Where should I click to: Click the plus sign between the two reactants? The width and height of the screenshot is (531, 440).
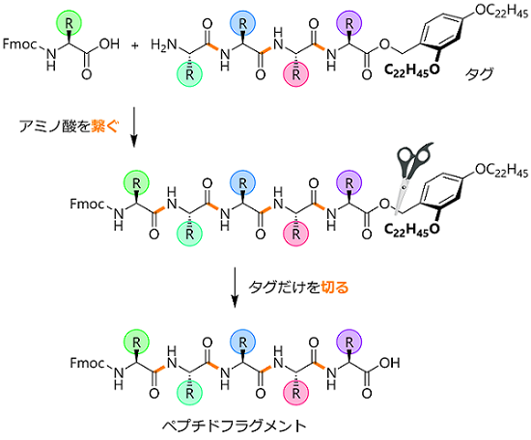click(135, 45)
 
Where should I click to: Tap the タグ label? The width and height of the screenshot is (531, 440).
click(479, 73)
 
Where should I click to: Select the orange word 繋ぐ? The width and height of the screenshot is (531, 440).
click(105, 126)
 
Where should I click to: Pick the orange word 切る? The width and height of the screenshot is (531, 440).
click(335, 287)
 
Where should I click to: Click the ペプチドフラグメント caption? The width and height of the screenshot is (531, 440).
click(234, 426)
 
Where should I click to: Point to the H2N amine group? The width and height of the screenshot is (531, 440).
click(164, 45)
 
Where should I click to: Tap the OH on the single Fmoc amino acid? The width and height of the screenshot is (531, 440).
click(109, 44)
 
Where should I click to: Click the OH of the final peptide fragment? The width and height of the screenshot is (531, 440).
click(389, 363)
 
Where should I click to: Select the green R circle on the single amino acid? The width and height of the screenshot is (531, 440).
click(69, 23)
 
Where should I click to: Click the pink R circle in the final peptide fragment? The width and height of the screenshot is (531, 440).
click(296, 393)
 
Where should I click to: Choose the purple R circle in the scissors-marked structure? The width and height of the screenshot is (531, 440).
click(349, 183)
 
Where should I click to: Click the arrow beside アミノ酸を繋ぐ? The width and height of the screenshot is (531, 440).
click(134, 127)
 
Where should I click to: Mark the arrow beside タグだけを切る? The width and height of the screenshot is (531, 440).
click(235, 288)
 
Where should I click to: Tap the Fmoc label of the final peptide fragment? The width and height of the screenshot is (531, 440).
click(87, 363)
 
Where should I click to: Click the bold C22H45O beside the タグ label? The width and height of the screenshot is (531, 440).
click(412, 70)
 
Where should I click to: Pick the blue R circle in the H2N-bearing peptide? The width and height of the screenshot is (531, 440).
click(242, 23)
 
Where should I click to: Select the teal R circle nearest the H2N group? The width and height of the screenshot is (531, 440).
click(189, 74)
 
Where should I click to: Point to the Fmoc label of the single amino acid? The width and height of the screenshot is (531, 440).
click(19, 44)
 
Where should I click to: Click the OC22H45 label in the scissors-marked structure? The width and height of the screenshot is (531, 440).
click(501, 170)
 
